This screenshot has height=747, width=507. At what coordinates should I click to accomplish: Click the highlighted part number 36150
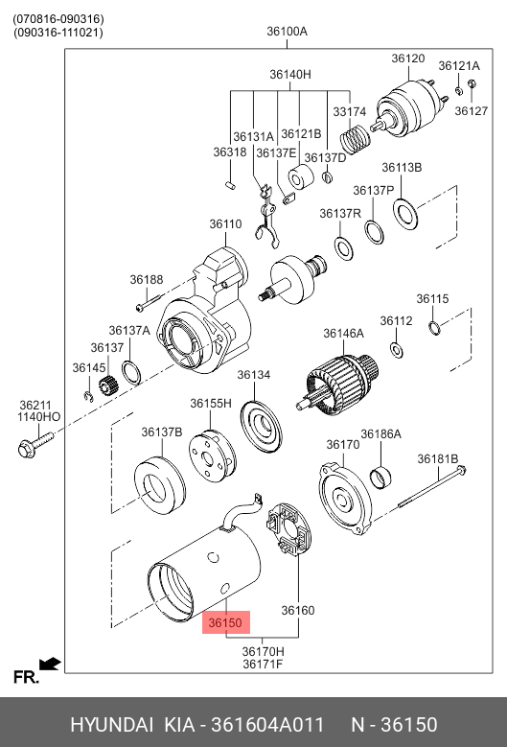click(x=225, y=622)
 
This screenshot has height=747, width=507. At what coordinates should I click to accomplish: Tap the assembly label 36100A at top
click(x=288, y=32)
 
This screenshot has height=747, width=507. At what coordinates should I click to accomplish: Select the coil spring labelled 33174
click(x=356, y=138)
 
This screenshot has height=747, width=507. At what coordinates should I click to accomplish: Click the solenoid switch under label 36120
click(x=409, y=109)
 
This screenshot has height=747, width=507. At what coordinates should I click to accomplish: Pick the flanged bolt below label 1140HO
click(x=35, y=444)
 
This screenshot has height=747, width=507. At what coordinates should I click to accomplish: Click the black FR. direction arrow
click(x=50, y=664)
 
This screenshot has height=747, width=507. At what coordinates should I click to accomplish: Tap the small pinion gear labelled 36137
click(x=108, y=385)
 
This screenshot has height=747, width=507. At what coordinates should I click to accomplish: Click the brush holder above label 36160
click(x=288, y=528)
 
